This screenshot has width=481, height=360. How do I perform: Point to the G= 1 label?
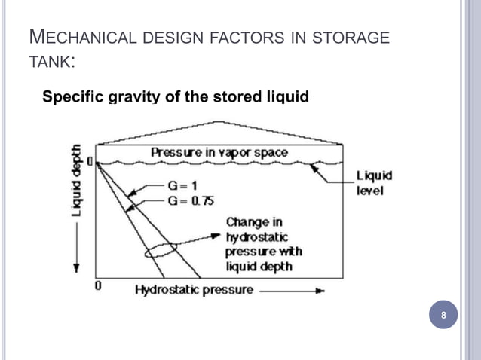pos(184,185)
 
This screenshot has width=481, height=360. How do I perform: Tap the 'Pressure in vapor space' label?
pos(219,152)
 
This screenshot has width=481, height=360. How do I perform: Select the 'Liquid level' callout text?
pos(374,183)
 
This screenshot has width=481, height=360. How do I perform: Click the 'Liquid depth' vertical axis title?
pos(77,182)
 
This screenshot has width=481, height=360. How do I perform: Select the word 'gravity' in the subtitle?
pos(132,97)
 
